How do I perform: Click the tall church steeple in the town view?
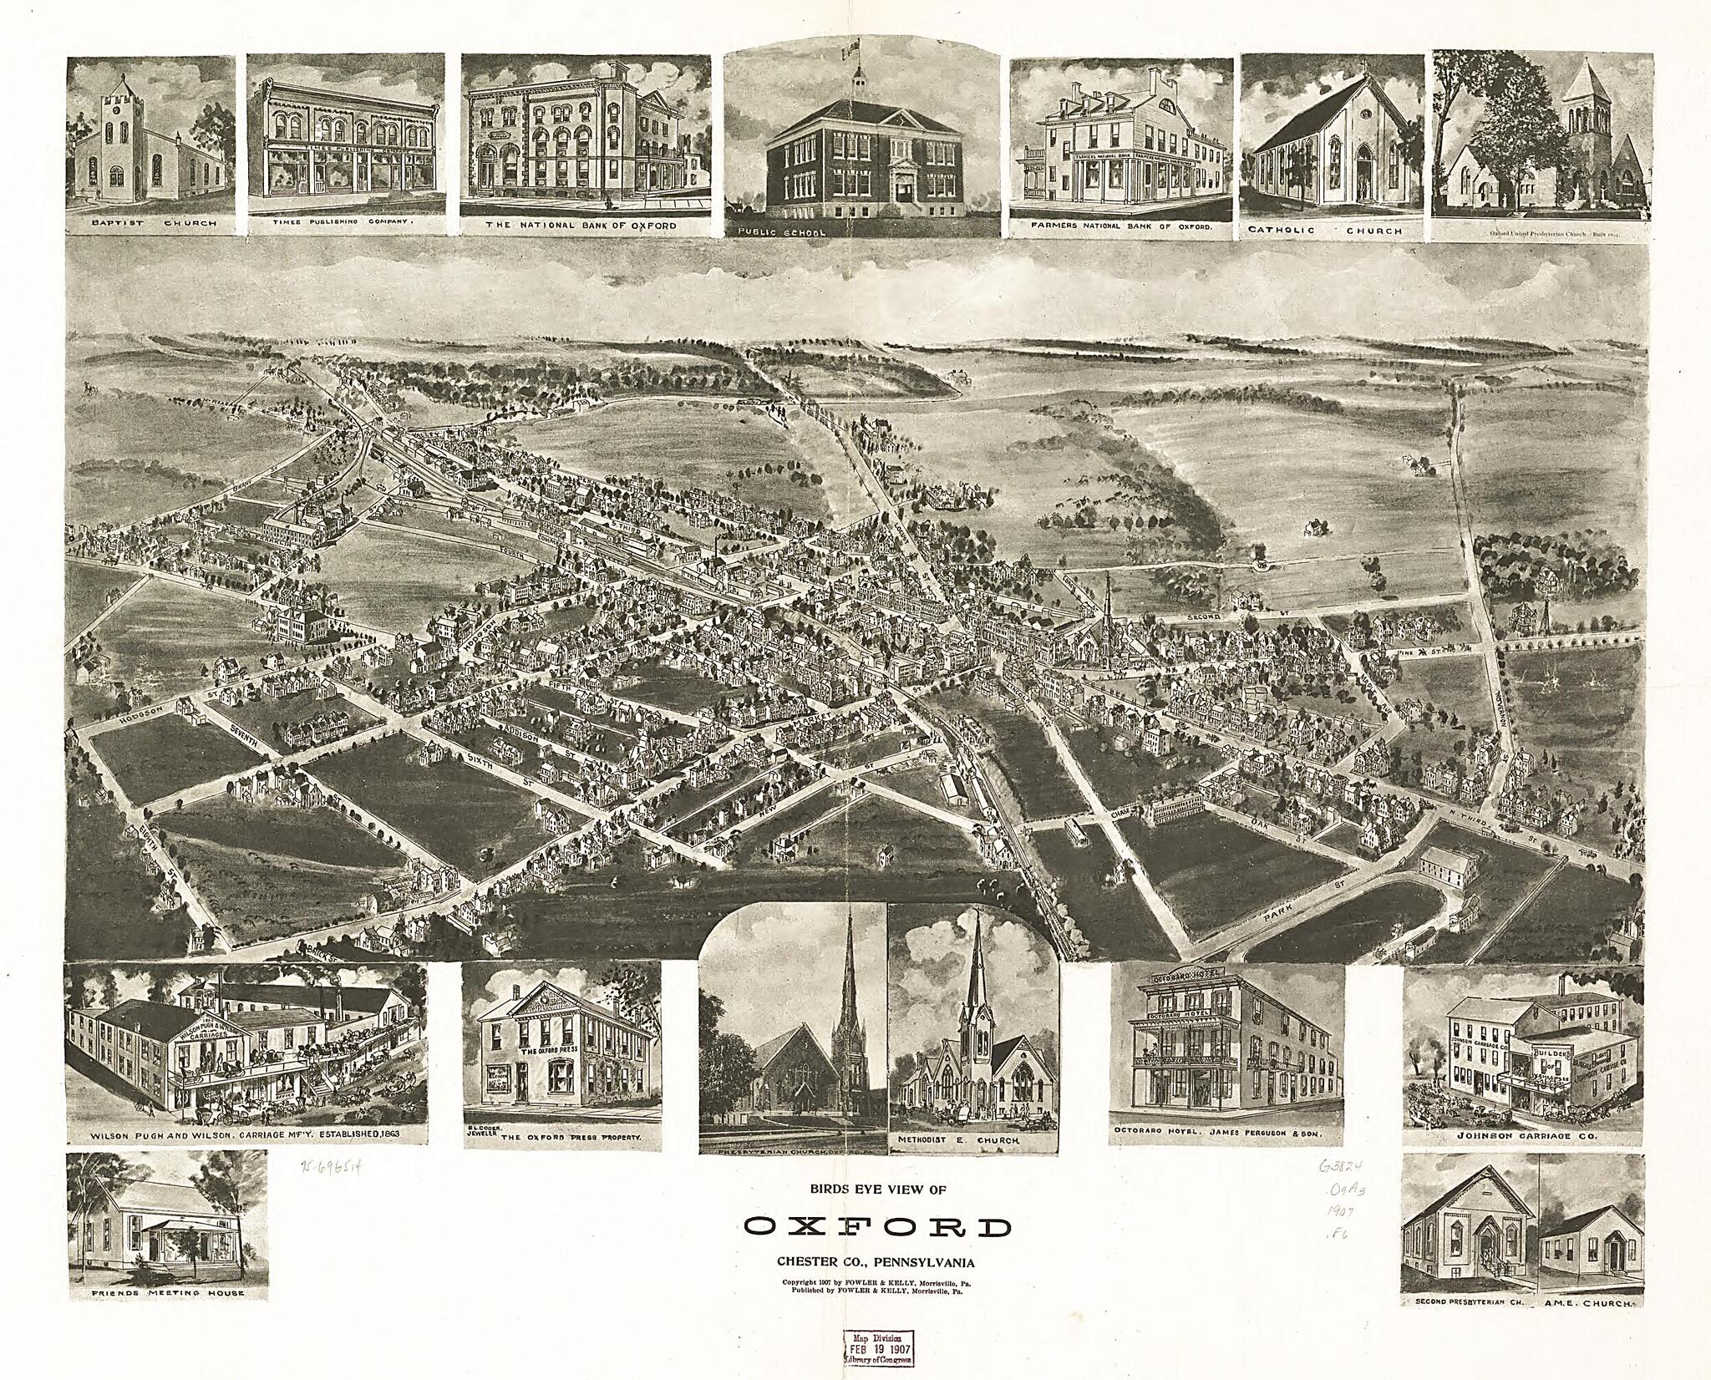click(x=1106, y=601)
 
